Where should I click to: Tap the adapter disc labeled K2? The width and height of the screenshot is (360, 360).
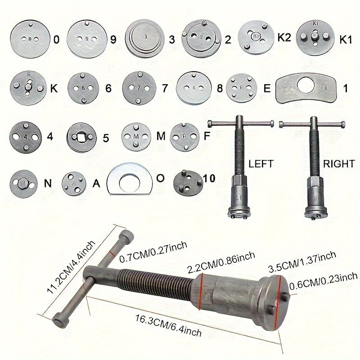coord(256,37)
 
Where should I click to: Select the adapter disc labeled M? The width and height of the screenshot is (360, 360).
coord(136,135)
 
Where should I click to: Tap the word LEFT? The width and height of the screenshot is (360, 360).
coord(261,163)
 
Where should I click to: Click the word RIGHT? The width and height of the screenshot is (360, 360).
coord(339,163)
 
